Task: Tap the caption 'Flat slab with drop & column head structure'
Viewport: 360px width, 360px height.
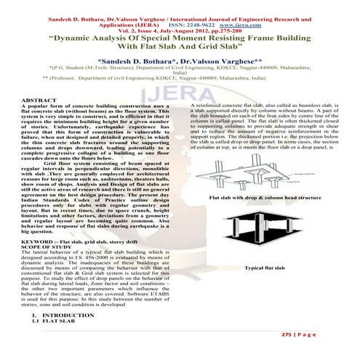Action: [266, 198]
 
